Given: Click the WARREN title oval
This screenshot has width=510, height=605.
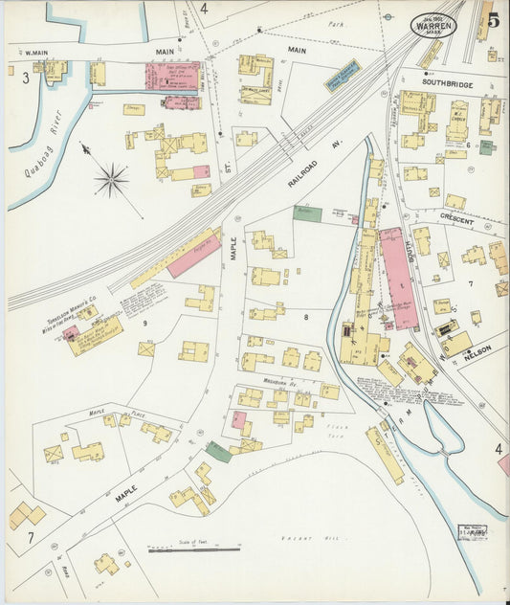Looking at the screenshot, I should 433,25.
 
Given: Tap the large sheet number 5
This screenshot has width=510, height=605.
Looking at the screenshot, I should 491,18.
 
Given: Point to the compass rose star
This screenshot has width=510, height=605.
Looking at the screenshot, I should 112,178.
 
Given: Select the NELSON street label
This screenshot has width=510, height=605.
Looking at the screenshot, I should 477,352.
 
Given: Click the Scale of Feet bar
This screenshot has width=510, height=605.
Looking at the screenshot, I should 194,549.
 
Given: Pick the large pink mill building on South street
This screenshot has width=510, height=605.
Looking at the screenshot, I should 397,278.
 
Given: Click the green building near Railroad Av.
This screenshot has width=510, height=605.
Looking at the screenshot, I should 307,213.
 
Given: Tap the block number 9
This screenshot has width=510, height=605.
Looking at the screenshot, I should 145,324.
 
